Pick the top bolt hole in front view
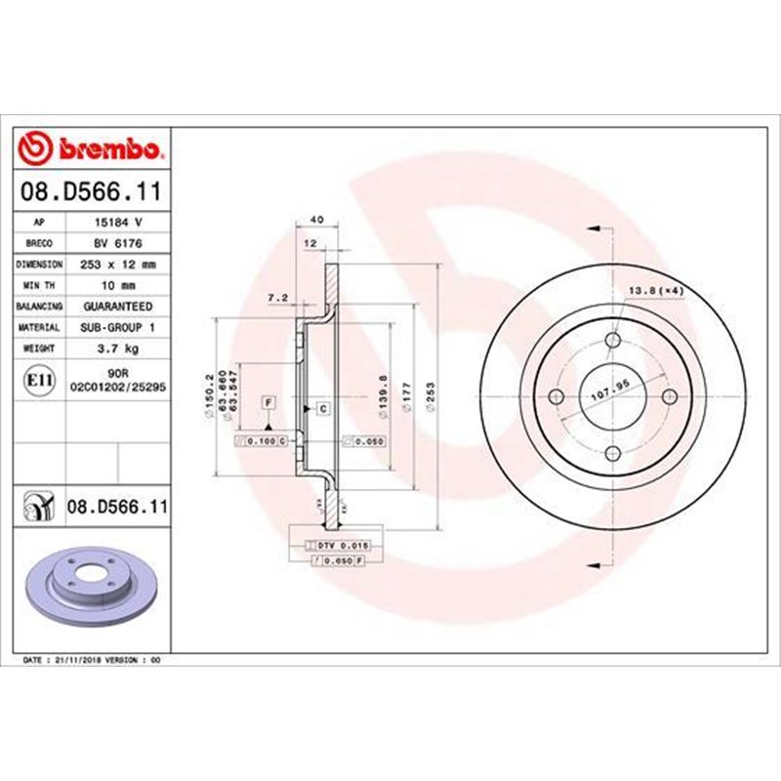click(612, 340)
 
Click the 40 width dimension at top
click(316, 219)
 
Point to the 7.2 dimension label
click(275, 298)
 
